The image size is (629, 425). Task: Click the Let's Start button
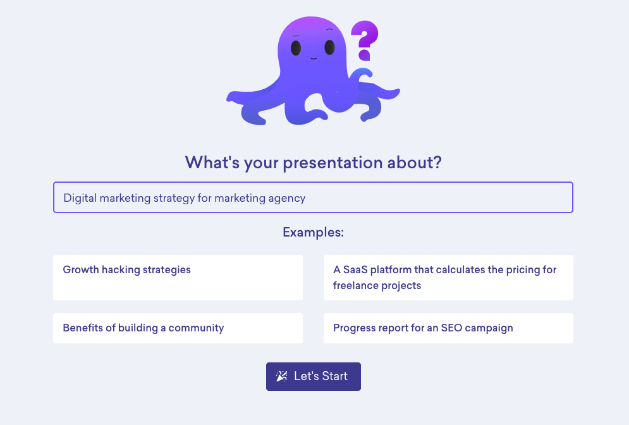[314, 376]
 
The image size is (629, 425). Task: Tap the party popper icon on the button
[281, 376]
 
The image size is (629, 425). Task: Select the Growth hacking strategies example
[178, 277]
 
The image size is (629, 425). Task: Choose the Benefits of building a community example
[178, 328]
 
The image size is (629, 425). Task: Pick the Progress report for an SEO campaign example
[448, 328]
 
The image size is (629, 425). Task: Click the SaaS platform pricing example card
[448, 277]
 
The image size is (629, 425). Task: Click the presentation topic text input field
[313, 197]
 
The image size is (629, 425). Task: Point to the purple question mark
[365, 40]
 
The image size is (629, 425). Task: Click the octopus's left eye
[296, 48]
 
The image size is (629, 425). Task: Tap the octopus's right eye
[330, 47]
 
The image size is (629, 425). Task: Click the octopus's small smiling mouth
[314, 59]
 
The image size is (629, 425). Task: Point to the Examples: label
[314, 232]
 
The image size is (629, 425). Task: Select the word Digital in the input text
[80, 198]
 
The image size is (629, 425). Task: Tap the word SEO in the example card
[452, 328]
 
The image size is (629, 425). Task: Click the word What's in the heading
[212, 162]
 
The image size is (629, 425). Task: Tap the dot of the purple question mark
[364, 55]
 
